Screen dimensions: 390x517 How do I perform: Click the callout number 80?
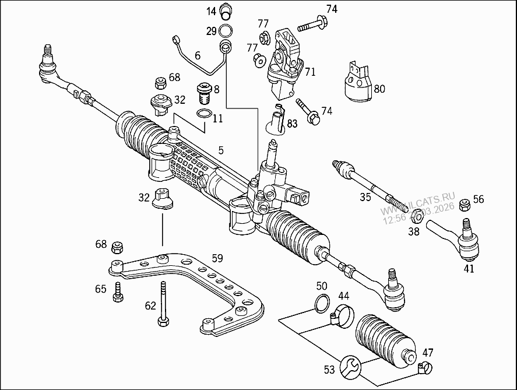click(379, 89)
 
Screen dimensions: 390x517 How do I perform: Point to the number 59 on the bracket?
click(217, 257)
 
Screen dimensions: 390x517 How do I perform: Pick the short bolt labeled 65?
click(119, 291)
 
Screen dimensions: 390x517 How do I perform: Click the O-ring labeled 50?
click(321, 303)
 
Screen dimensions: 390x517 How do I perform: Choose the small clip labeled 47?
click(425, 367)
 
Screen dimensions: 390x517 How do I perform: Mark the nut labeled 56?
click(465, 205)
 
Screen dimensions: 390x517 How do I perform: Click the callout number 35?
click(365, 197)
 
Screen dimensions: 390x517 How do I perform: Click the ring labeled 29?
click(227, 30)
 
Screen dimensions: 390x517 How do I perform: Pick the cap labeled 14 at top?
click(226, 10)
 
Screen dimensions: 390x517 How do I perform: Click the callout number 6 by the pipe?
click(198, 56)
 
